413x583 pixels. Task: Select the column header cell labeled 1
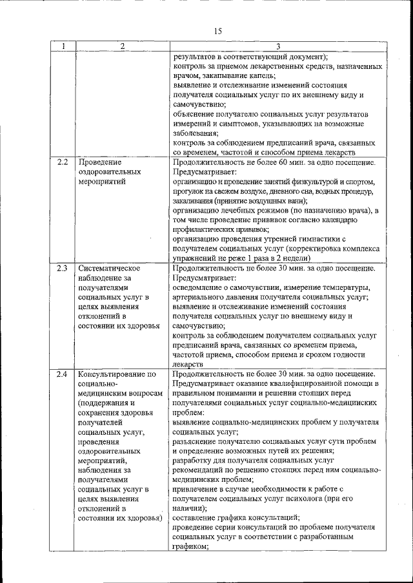[63, 46]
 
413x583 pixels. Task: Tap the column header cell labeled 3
[277, 46]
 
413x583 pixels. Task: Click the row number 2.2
[63, 162]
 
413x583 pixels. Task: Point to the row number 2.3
[63, 267]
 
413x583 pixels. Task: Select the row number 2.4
[63, 374]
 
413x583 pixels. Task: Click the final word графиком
[191, 546]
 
